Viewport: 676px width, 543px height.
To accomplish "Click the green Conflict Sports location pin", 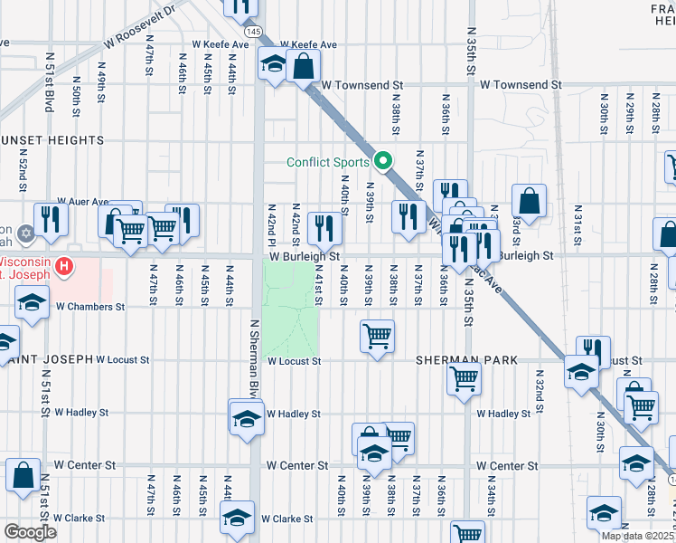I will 383,162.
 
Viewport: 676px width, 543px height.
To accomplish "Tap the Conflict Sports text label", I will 327,163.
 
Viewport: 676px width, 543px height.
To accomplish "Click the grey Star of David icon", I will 24,234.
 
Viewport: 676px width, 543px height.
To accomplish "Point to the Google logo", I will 30,532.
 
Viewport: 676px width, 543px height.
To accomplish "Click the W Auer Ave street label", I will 82,202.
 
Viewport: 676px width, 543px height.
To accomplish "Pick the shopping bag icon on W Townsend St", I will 304,66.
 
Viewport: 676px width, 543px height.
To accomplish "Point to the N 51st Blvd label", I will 46,90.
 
